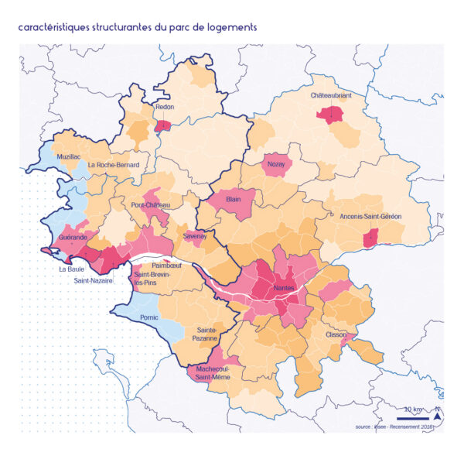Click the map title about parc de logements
[x=138, y=27]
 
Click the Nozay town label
[x=276, y=164]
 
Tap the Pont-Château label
[x=151, y=205]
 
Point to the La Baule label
[x=72, y=269]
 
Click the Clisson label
[x=336, y=334]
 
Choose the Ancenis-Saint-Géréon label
[x=370, y=217]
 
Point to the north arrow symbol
[x=438, y=414]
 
